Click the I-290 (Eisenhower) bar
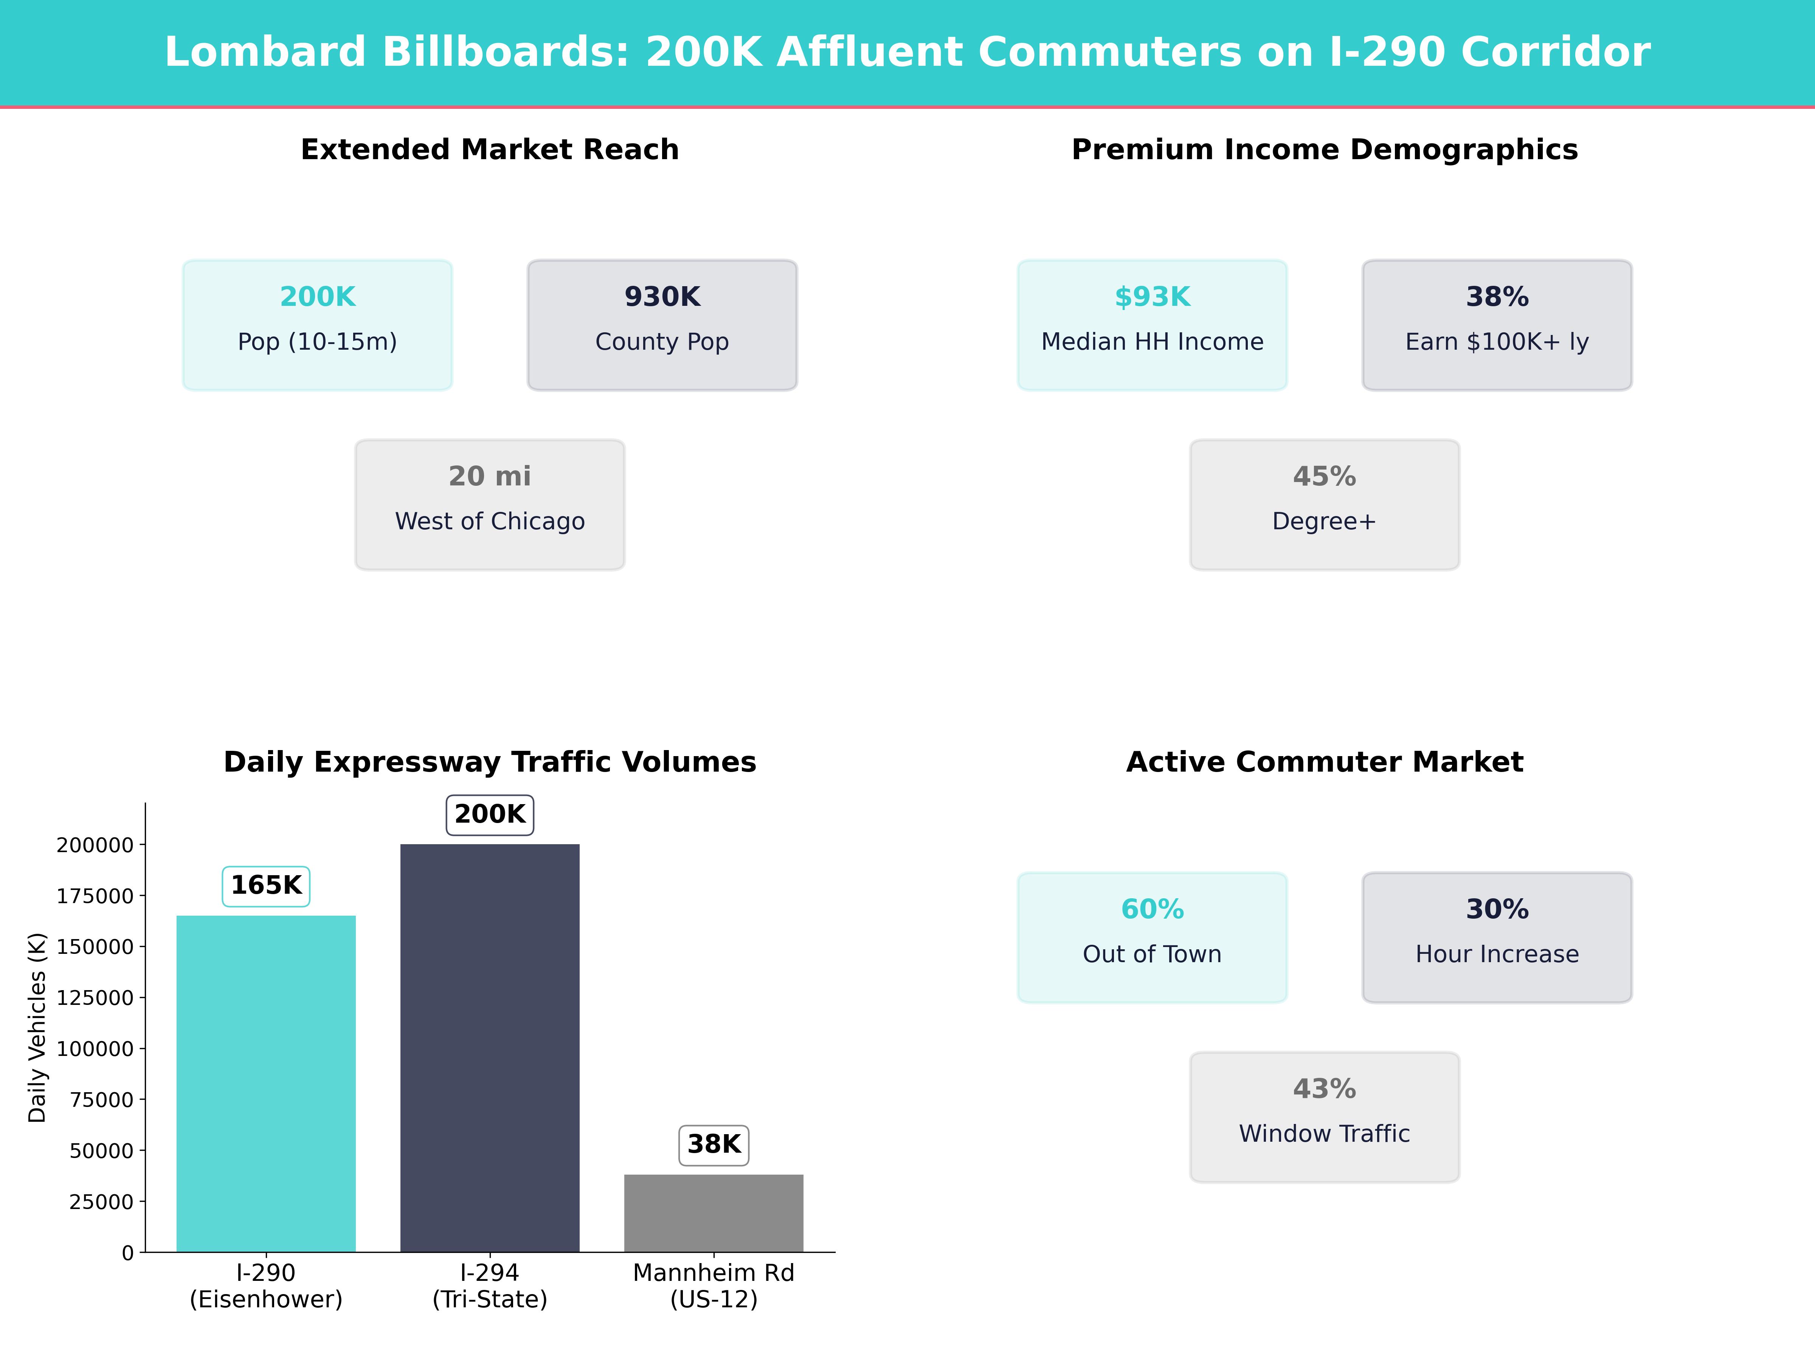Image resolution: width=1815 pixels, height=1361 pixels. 266,1083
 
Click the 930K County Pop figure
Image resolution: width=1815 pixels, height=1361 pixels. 662,297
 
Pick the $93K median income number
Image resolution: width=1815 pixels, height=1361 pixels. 1152,297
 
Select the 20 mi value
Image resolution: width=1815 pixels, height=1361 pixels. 490,477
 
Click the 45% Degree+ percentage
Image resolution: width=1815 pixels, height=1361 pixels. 1324,477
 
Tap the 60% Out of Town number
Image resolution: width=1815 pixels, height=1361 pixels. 1152,909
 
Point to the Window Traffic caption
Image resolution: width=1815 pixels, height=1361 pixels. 1324,1134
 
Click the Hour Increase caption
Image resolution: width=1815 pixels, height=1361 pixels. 1497,954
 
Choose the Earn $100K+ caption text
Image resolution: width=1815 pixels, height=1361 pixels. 1497,342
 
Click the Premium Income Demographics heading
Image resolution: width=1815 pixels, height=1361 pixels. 1324,150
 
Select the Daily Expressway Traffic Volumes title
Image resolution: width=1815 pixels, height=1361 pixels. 490,762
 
